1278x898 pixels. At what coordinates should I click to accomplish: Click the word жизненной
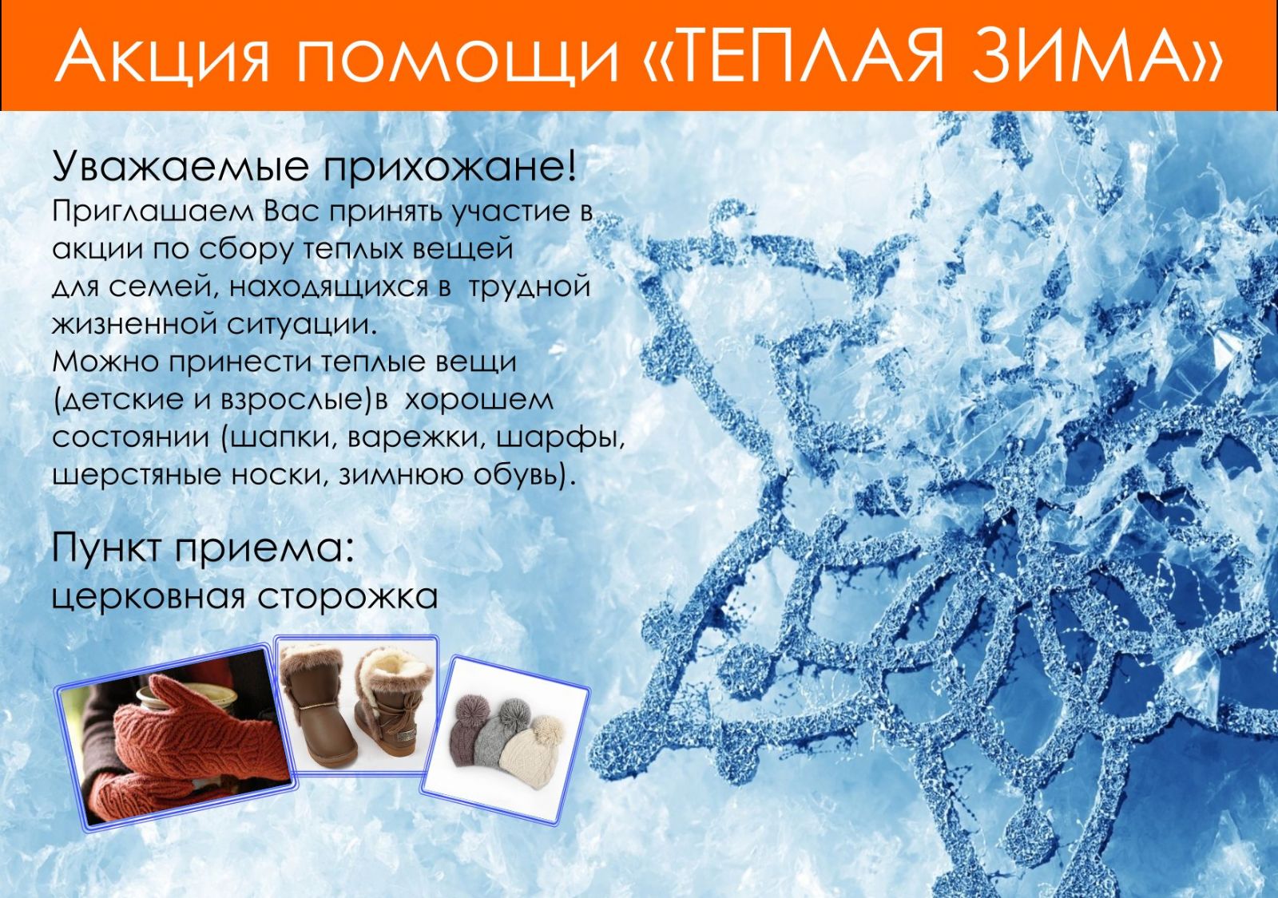pos(136,325)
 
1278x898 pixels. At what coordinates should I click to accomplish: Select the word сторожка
pos(347,596)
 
